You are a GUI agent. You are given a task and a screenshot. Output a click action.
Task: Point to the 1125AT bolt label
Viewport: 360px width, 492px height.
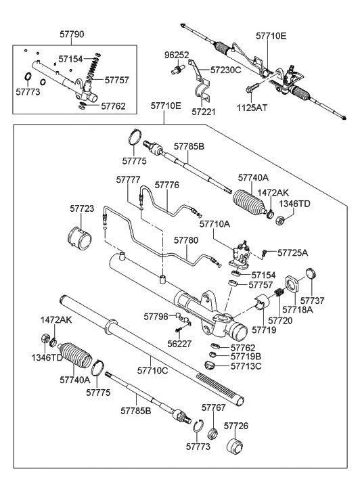[x=251, y=107]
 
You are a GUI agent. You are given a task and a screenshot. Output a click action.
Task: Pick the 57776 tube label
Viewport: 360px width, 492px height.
[x=166, y=184]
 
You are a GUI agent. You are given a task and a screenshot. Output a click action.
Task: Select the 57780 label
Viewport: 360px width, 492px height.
[x=186, y=240]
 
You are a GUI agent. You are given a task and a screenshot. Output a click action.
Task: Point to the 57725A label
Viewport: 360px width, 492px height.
[x=292, y=252]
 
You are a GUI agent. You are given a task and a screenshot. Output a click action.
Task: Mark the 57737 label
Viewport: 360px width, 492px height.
[x=313, y=300]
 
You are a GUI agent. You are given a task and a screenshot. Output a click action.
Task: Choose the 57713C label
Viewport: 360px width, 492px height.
[x=246, y=367]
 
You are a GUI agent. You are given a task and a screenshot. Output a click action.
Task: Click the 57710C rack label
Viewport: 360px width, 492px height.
[x=154, y=371]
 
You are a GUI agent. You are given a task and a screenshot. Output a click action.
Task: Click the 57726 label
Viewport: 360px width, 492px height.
[x=238, y=426]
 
